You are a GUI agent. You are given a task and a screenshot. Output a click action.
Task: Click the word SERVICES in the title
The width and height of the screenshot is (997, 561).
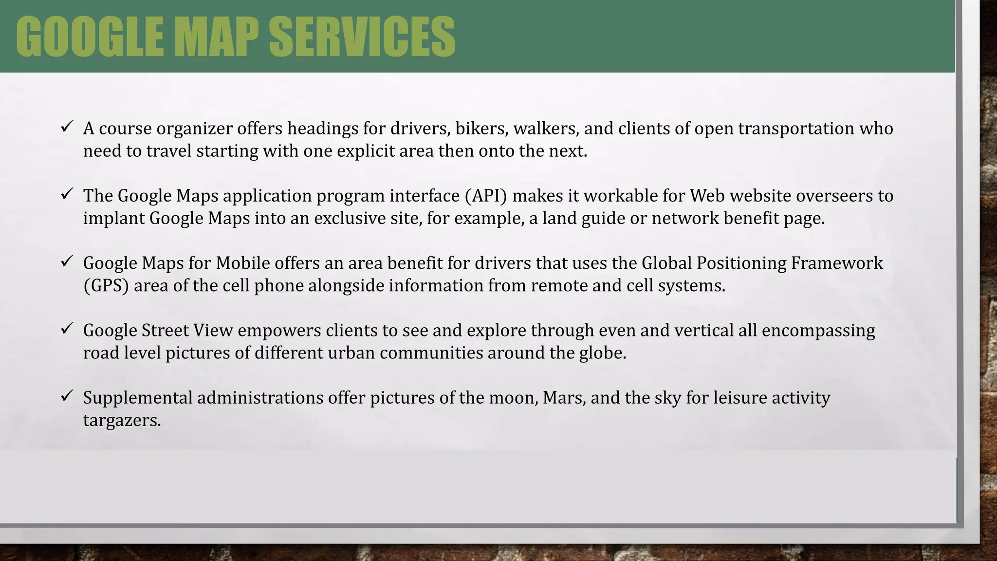(361, 37)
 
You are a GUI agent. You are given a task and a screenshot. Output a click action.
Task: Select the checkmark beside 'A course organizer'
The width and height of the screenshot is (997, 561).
(67, 127)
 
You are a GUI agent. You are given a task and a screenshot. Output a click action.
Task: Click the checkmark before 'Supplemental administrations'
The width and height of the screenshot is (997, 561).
(67, 396)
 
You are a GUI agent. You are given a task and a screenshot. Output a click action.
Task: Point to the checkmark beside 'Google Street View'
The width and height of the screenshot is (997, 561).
(67, 329)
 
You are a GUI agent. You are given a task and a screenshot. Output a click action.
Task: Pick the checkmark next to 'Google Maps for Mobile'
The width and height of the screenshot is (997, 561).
(67, 262)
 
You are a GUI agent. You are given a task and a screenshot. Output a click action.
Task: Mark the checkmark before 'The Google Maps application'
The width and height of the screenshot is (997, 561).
(67, 194)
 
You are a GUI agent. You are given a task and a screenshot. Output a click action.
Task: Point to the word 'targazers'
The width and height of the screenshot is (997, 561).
(121, 420)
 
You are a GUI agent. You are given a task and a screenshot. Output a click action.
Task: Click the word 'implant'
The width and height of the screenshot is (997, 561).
(113, 219)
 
